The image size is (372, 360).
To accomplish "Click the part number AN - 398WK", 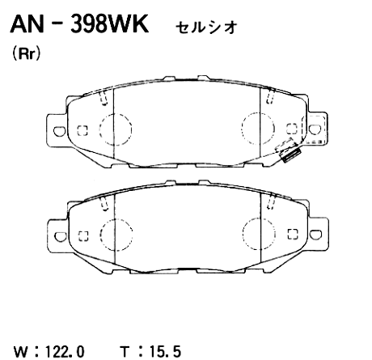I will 78,26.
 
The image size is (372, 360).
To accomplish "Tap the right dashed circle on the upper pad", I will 258,128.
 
